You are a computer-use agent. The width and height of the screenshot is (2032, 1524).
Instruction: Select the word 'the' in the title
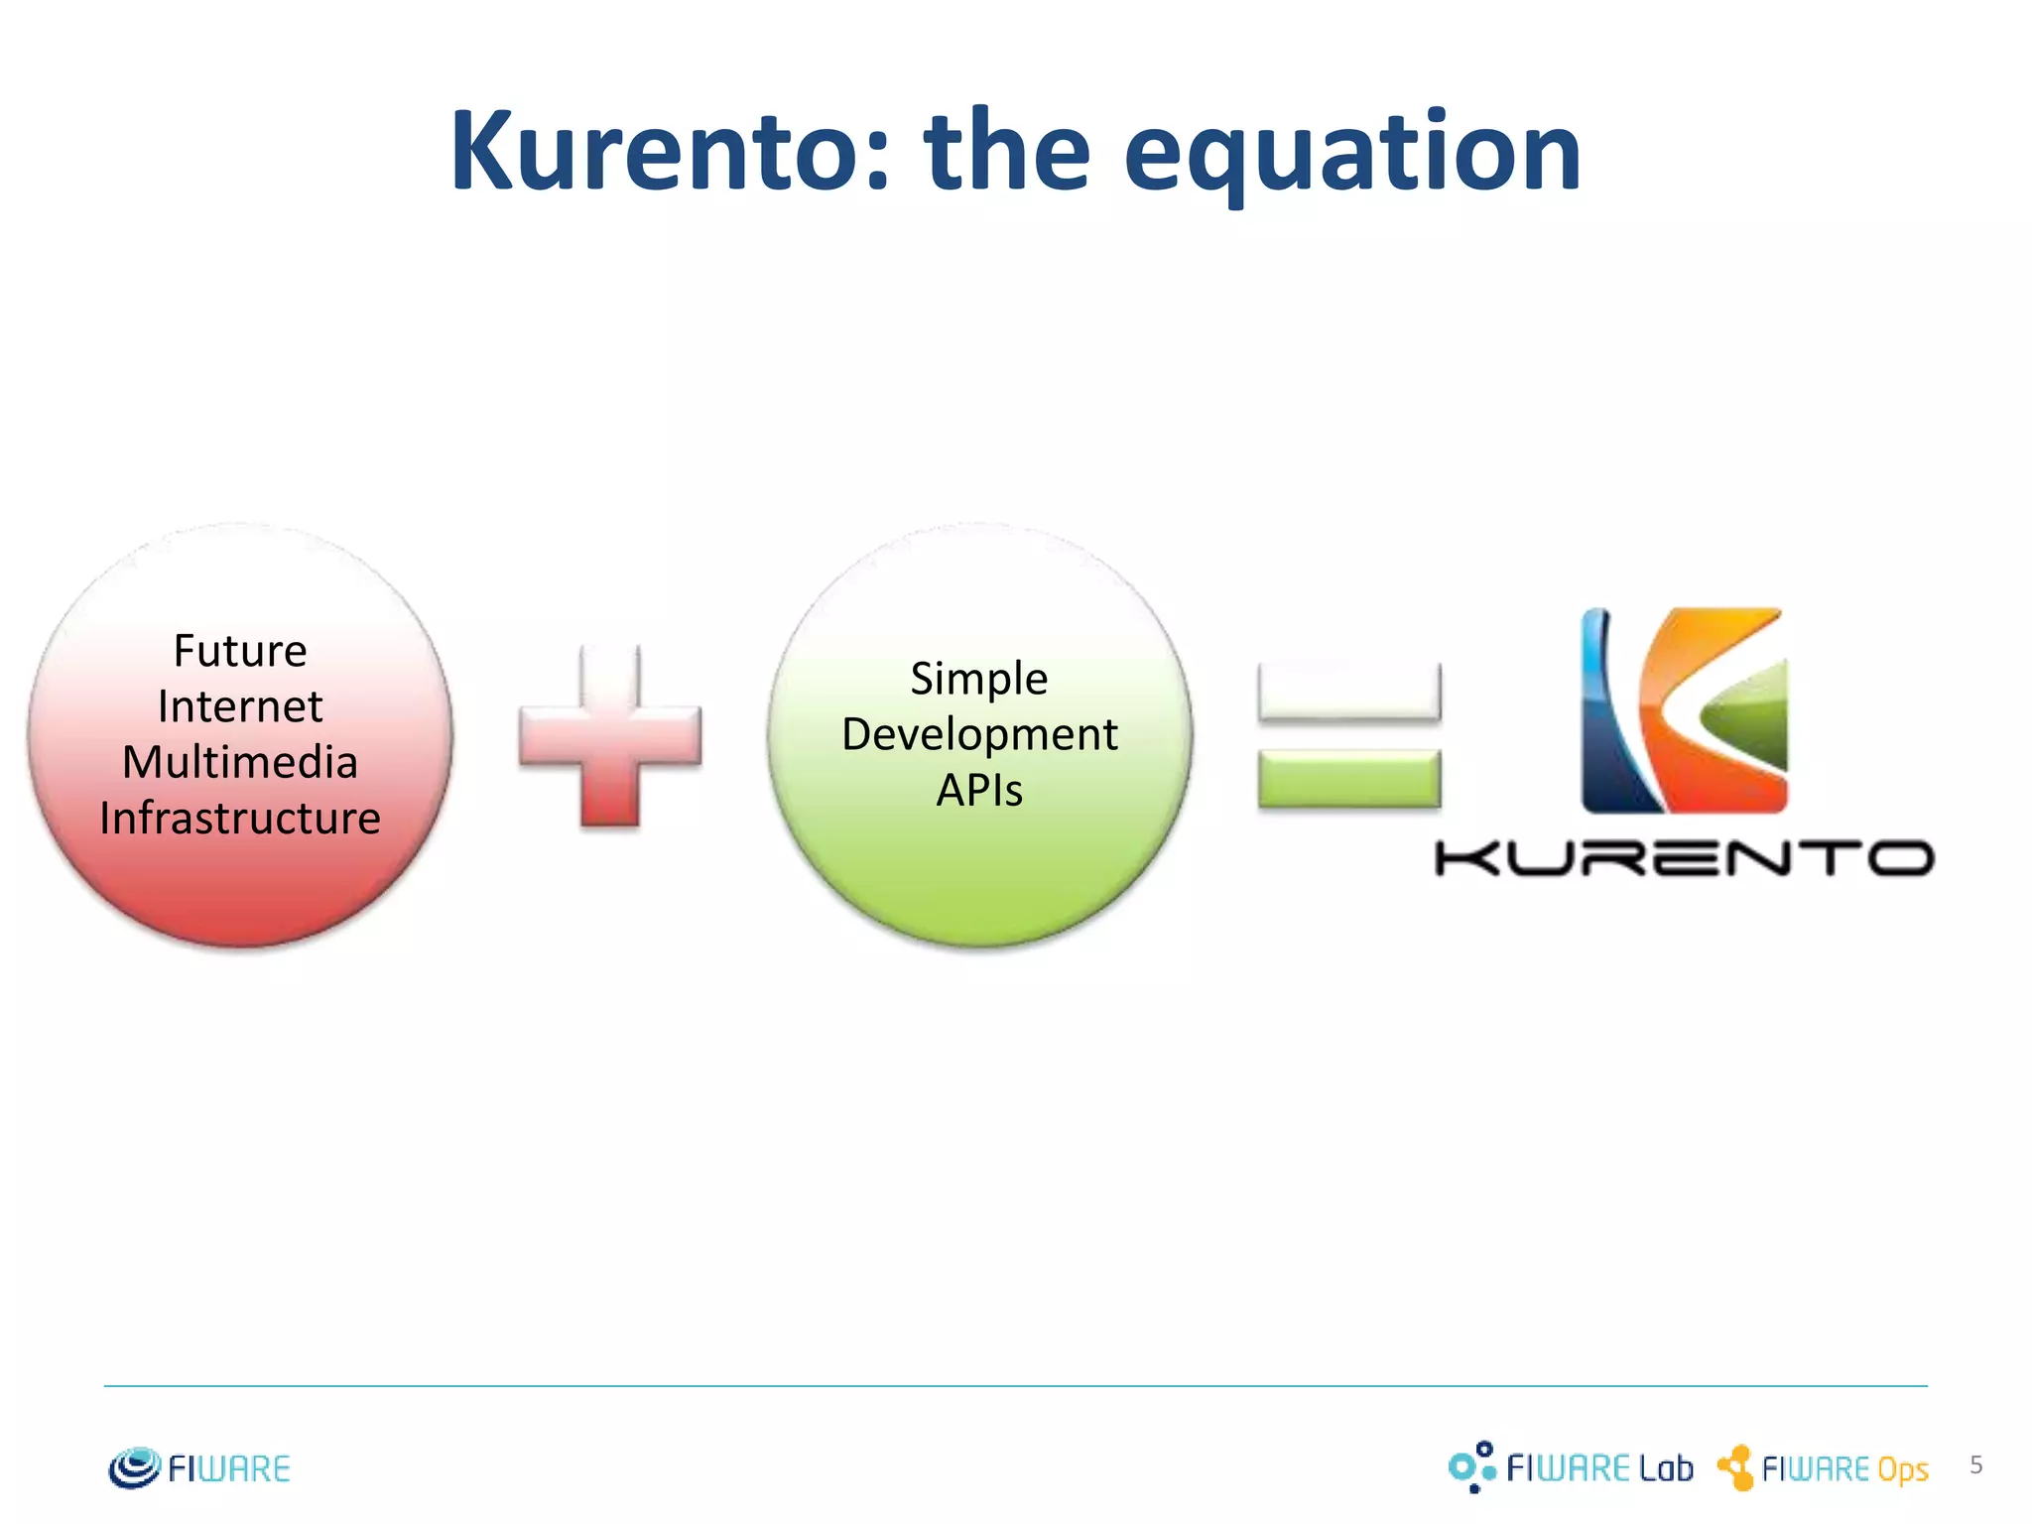tap(1007, 151)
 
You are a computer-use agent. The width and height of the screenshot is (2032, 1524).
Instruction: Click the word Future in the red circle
tap(240, 651)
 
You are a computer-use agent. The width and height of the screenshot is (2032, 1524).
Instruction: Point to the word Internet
tap(240, 706)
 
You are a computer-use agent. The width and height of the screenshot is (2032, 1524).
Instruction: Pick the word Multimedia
tap(240, 762)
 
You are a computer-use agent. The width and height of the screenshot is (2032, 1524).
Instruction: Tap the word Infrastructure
tap(240, 819)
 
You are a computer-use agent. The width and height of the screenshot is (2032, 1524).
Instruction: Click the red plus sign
tap(610, 735)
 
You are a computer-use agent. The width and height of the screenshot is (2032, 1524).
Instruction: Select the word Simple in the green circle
tap(979, 679)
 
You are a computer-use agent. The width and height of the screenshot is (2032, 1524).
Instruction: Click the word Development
tap(979, 734)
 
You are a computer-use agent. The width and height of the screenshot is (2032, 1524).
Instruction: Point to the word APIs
tap(979, 791)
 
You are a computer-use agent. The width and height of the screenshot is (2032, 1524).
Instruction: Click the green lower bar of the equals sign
tap(1348, 779)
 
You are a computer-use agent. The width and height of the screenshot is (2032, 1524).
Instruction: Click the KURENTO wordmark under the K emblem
tap(1684, 857)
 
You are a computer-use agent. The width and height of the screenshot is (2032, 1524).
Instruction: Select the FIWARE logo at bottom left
tap(199, 1467)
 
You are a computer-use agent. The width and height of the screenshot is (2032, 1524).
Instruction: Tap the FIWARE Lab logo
tap(1571, 1466)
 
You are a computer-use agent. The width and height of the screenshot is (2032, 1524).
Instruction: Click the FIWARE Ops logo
tap(1823, 1467)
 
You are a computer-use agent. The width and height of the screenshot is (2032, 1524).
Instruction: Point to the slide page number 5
tap(1975, 1464)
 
